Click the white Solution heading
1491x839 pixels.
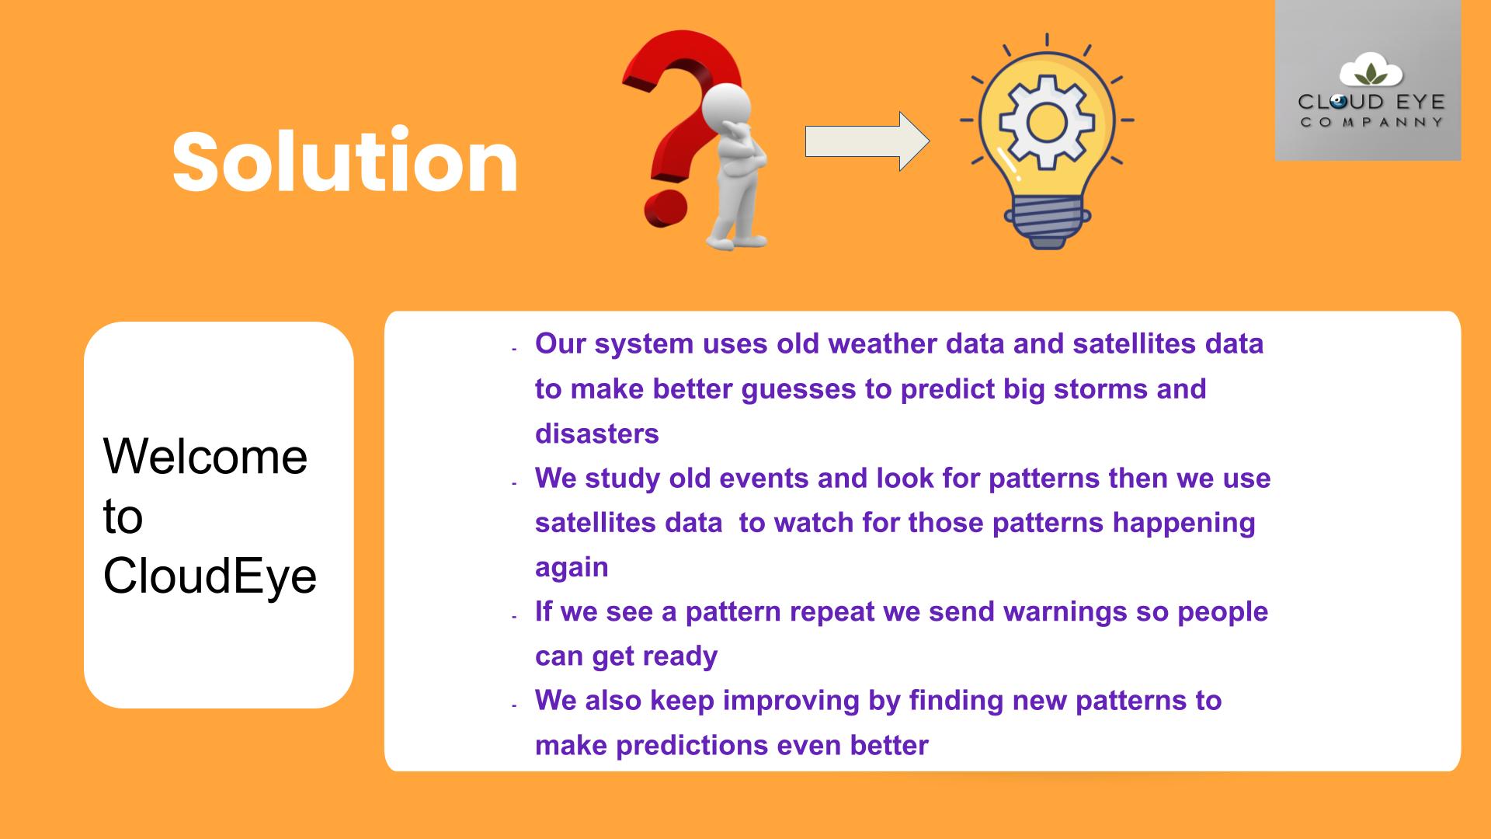point(345,161)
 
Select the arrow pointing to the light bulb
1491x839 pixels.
point(867,141)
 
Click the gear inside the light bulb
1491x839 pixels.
point(1046,122)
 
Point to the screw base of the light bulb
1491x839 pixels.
point(1047,222)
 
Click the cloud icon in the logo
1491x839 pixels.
point(1371,71)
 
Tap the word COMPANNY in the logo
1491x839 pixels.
point(1371,122)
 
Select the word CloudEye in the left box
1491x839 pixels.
point(210,577)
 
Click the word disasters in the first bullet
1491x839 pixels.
point(596,433)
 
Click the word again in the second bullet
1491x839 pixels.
point(572,568)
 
